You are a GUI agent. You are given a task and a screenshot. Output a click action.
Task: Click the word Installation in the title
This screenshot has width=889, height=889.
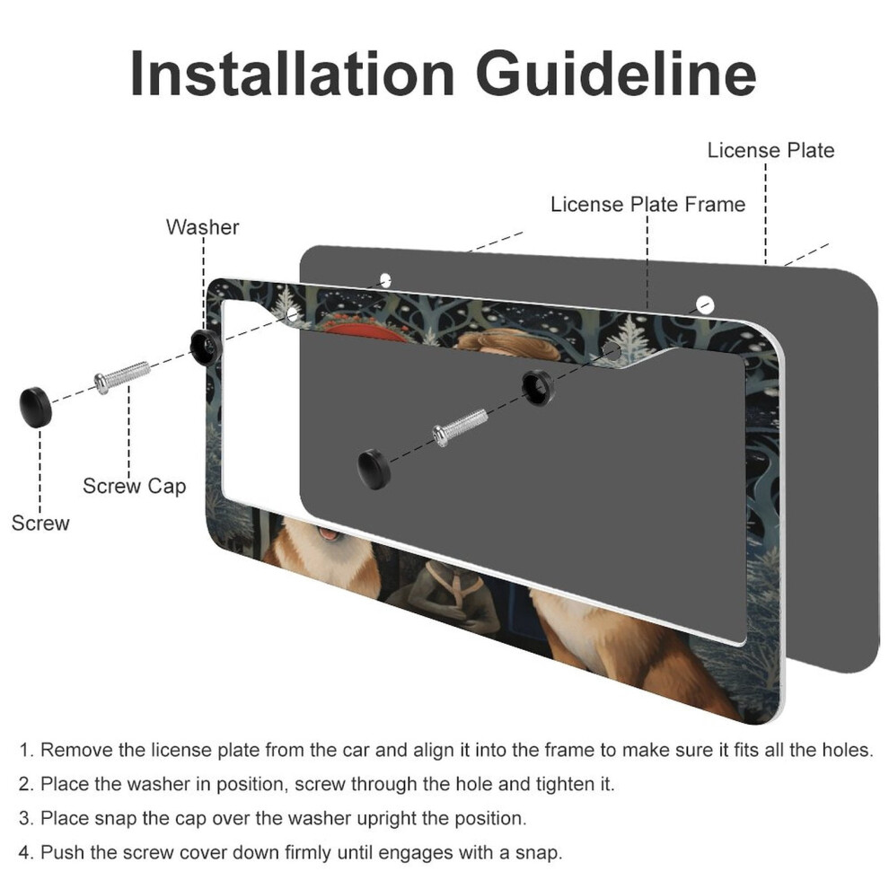(x=292, y=74)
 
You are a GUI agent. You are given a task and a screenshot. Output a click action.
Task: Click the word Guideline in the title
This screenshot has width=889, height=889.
(x=616, y=74)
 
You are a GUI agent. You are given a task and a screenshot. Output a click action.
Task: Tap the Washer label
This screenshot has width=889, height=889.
(x=202, y=227)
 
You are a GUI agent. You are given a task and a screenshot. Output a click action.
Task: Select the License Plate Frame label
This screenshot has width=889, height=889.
(x=647, y=204)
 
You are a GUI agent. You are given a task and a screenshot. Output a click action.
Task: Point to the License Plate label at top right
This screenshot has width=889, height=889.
(x=770, y=150)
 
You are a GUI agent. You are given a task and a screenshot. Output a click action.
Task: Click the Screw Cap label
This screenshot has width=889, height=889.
(x=135, y=486)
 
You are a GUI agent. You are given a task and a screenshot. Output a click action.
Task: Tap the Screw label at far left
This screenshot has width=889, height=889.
(x=40, y=523)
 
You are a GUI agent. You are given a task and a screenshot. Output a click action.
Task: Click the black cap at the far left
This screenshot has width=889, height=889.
(x=36, y=407)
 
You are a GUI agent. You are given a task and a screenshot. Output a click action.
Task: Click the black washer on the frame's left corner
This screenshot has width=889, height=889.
(x=206, y=346)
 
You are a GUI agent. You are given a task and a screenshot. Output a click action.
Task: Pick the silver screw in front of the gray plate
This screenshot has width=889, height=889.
(x=460, y=427)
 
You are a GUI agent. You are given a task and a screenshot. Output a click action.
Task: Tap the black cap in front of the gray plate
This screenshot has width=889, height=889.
(x=374, y=469)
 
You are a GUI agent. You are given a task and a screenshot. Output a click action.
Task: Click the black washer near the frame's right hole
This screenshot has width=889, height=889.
(x=538, y=388)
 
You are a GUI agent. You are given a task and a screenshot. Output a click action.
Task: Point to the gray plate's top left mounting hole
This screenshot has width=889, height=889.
(x=385, y=280)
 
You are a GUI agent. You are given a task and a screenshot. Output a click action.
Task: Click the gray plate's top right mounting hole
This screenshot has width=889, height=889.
(x=705, y=304)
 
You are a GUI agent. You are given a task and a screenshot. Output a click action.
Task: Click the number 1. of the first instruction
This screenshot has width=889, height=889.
(x=27, y=750)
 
